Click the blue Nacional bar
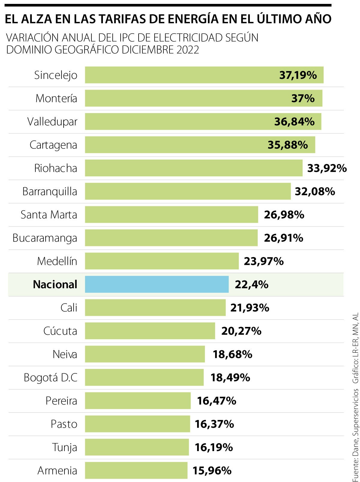coord(157,284)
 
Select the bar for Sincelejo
coord(204,75)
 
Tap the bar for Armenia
coord(136,470)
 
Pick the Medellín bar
coord(162,261)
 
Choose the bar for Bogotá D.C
coord(144,377)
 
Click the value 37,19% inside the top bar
coord(298,75)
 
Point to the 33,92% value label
coord(327,168)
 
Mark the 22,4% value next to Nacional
coord(251,284)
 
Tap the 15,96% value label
coord(212,470)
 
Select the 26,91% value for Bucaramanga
coord(283,238)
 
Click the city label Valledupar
coord(52,122)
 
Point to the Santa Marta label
coord(49,215)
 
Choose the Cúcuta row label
coord(60,331)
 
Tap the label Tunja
coord(64,447)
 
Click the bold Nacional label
coord(55,284)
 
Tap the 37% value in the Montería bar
coord(303,98)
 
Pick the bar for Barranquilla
coord(188,191)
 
